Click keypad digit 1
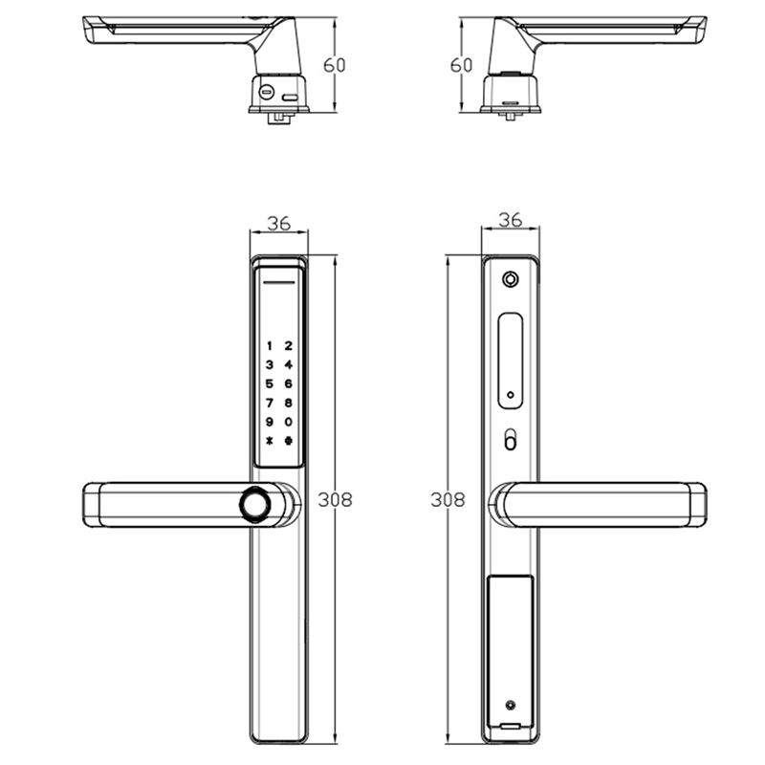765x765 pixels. (x=270, y=346)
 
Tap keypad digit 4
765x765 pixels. (x=288, y=365)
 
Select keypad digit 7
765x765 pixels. (x=270, y=403)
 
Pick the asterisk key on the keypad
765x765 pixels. (x=270, y=441)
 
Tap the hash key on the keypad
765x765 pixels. (x=288, y=441)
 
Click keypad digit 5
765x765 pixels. (x=270, y=384)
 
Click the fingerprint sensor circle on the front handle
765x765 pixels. (x=256, y=504)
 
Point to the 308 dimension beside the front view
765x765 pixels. (x=335, y=499)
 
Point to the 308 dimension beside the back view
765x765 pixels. (x=448, y=499)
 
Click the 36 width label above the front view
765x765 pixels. (x=278, y=223)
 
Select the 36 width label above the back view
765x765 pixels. (x=511, y=220)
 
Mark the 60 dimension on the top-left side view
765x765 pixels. (x=334, y=65)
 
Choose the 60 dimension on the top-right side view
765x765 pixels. (x=461, y=65)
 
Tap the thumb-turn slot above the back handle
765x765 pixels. (x=511, y=442)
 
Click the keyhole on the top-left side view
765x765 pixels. (x=265, y=93)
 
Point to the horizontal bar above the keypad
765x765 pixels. (x=278, y=283)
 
